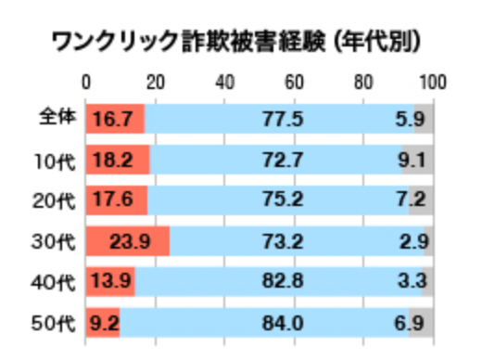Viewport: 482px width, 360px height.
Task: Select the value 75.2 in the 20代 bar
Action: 284,201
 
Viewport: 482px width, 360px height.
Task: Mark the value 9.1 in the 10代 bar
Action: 412,160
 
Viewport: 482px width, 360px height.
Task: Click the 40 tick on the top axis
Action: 225,81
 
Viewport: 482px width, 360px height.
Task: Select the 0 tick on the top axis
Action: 87,81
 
